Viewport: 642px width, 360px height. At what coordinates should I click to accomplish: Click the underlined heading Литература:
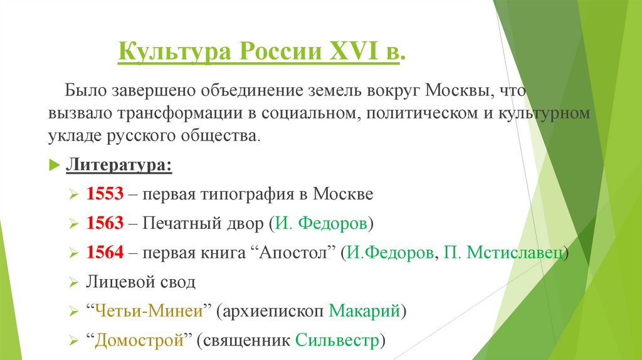(x=118, y=166)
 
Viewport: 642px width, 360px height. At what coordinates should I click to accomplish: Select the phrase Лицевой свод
(x=140, y=282)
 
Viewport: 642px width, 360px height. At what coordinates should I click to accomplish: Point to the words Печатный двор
(x=197, y=224)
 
